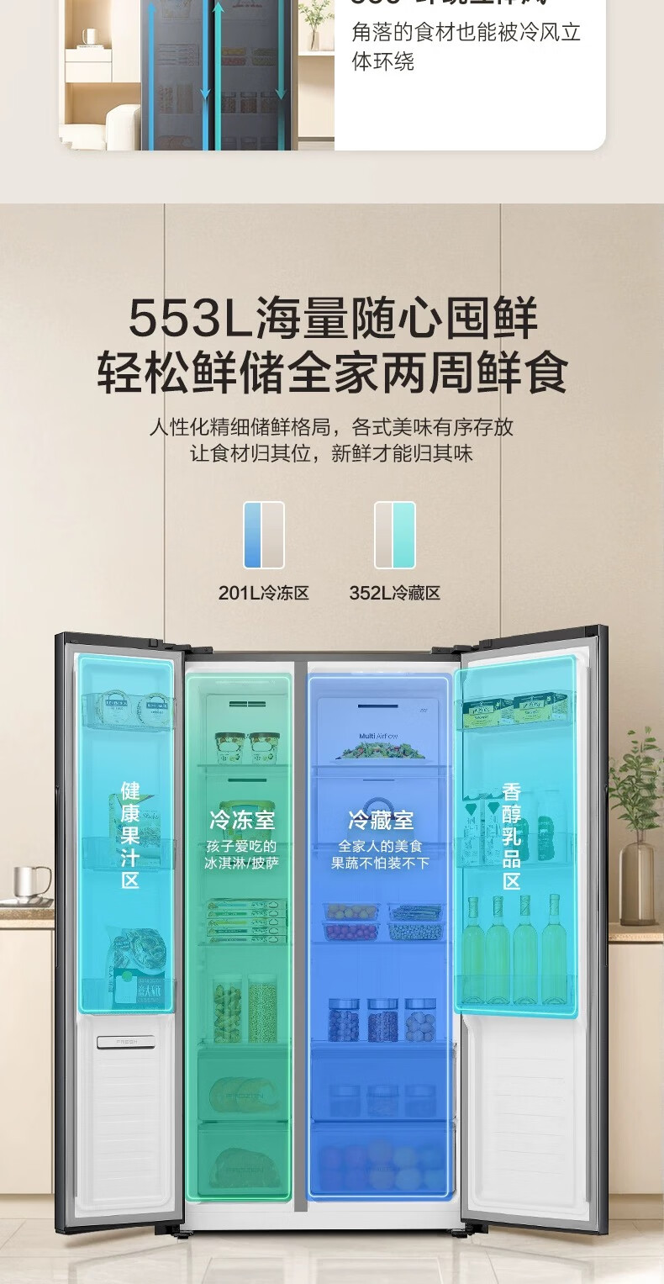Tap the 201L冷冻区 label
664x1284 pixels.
click(264, 593)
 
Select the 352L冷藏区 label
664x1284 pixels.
click(395, 593)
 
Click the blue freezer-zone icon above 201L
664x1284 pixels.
click(264, 535)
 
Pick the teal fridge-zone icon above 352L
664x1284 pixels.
click(395, 535)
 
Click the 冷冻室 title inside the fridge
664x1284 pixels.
click(242, 820)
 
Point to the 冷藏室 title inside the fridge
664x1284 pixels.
click(381, 820)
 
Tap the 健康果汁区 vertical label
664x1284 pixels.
click(130, 835)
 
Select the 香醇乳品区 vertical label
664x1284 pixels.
click(512, 836)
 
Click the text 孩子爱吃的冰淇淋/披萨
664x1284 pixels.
click(242, 854)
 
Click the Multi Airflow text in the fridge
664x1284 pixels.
click(378, 736)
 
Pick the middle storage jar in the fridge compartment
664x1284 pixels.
click(382, 1020)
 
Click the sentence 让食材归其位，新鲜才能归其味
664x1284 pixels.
click(332, 454)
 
